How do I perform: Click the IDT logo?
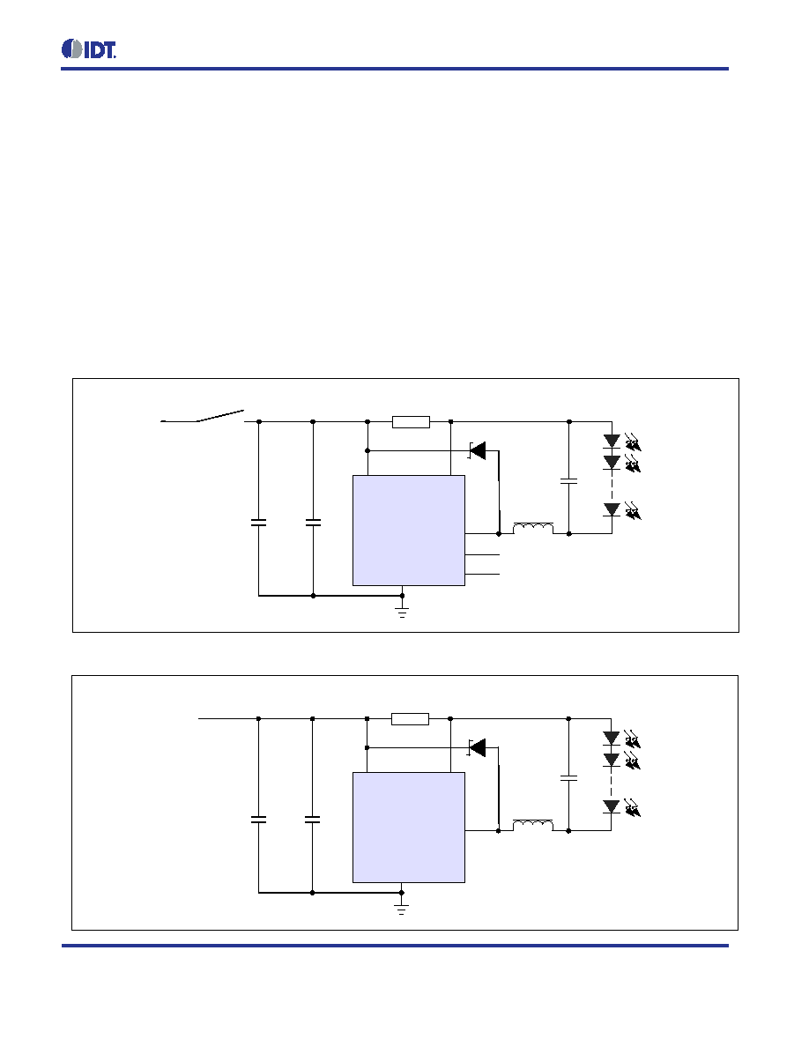point(89,49)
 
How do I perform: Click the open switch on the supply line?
point(203,417)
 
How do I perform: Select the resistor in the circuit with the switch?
point(411,422)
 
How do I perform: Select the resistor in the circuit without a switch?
point(410,719)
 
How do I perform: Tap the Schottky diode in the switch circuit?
point(478,450)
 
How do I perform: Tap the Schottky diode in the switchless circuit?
point(478,748)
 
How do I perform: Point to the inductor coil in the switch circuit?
point(532,529)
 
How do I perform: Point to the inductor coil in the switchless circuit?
point(532,826)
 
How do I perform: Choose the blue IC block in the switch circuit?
point(409,531)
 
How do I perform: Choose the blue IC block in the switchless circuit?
point(409,828)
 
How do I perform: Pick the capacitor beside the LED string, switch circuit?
point(568,481)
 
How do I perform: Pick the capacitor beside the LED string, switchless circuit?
point(568,778)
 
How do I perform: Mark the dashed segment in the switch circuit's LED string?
point(612,486)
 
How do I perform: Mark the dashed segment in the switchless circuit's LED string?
point(611,783)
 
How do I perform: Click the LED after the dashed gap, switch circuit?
point(612,510)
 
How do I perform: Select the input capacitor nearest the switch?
point(258,522)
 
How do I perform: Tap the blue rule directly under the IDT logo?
point(395,69)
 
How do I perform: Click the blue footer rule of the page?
point(395,946)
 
